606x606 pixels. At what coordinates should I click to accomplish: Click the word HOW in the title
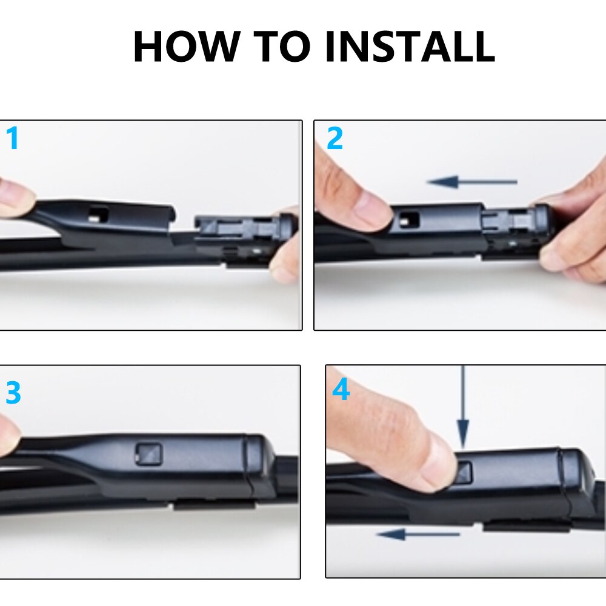pyautogui.click(x=185, y=47)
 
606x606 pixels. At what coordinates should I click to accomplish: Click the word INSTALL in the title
pyautogui.click(x=410, y=47)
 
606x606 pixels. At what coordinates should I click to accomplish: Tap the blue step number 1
pyautogui.click(x=12, y=139)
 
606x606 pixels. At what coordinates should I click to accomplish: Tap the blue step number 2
pyautogui.click(x=335, y=139)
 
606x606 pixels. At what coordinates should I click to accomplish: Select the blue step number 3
pyautogui.click(x=13, y=393)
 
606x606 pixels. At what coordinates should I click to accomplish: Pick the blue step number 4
pyautogui.click(x=341, y=390)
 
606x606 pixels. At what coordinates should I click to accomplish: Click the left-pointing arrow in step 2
pyautogui.click(x=471, y=181)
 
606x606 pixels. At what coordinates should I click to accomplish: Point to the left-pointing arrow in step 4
pyautogui.click(x=418, y=534)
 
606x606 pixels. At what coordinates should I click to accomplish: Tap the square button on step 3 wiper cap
pyautogui.click(x=148, y=453)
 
